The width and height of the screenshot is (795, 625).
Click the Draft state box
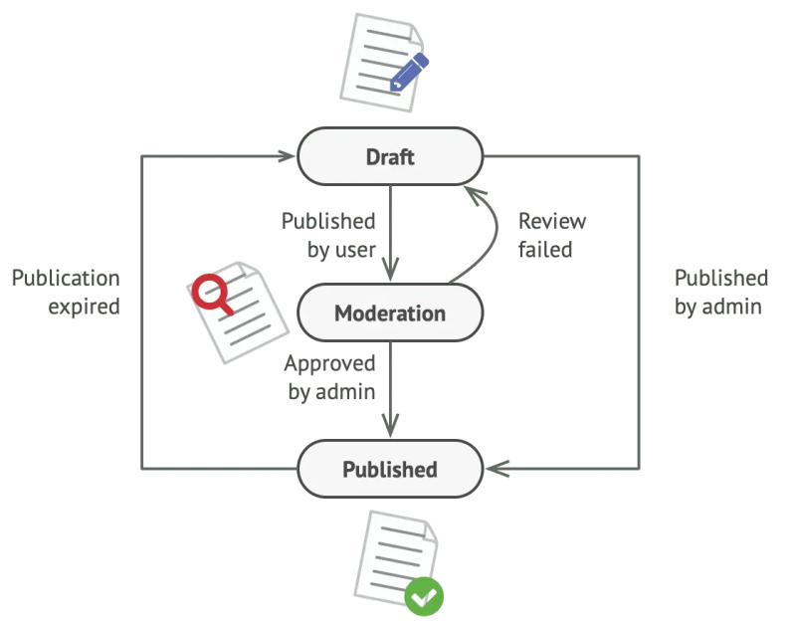click(390, 156)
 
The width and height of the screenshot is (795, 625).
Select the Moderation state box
click(390, 313)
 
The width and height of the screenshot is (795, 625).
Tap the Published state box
click(390, 469)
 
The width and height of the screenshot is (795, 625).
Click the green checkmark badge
click(424, 596)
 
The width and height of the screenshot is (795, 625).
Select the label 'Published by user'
click(328, 235)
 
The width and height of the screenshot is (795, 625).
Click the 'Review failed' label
click(551, 235)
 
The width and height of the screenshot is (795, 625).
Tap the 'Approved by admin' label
click(330, 377)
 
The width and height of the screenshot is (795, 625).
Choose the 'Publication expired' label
click(66, 292)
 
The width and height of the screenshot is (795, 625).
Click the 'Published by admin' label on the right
click(720, 292)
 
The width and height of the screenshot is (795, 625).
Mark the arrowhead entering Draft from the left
click(287, 156)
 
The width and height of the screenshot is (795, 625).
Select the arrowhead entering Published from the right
click(496, 469)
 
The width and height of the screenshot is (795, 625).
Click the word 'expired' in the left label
click(84, 306)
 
